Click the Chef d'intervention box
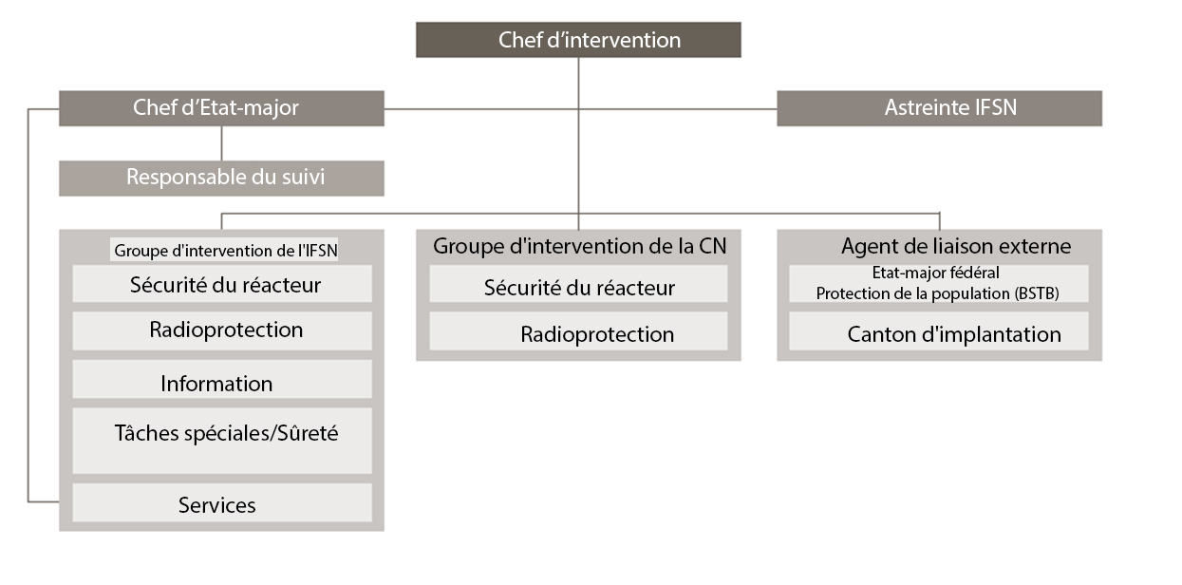(x=578, y=40)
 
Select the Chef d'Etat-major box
(x=221, y=108)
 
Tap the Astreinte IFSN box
(x=939, y=108)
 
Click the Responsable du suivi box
(x=221, y=178)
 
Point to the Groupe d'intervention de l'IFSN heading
(x=226, y=251)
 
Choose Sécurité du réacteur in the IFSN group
(x=222, y=284)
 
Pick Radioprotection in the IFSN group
(x=222, y=330)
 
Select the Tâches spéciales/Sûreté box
(x=222, y=441)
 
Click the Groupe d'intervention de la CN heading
(x=579, y=246)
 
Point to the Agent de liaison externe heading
(x=955, y=247)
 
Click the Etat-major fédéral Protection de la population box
(x=938, y=284)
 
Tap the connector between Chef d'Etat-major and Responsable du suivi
(x=221, y=143)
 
